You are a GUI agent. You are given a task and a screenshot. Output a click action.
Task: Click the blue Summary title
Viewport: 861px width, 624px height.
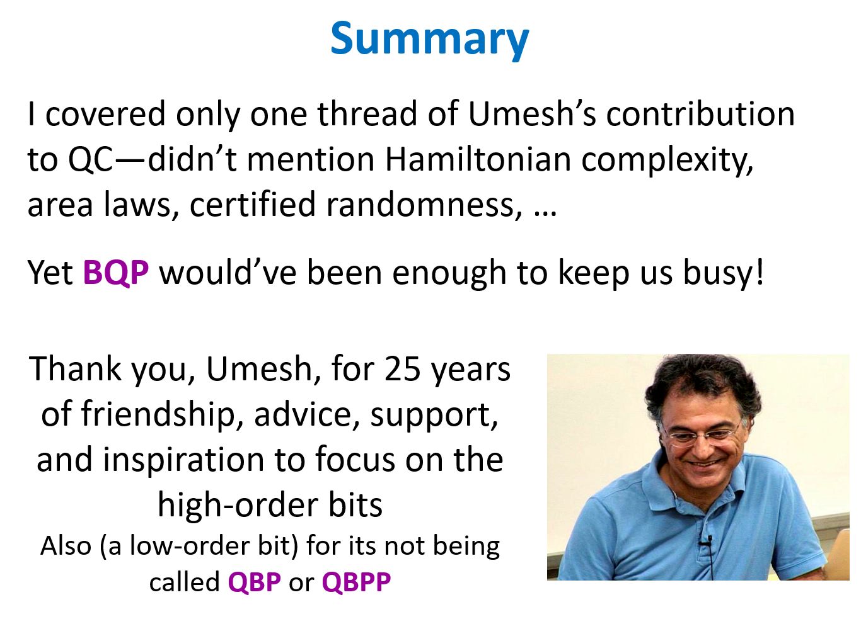pyautogui.click(x=429, y=40)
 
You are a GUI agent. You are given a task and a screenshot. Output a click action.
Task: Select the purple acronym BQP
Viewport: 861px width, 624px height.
pyautogui.click(x=116, y=272)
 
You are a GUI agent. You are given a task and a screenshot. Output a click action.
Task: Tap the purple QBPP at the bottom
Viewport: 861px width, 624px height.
pyautogui.click(x=356, y=582)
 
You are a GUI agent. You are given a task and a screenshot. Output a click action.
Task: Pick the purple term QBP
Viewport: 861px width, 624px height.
pyautogui.click(x=254, y=582)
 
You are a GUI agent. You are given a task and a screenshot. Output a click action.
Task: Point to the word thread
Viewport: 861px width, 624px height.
pyautogui.click(x=367, y=114)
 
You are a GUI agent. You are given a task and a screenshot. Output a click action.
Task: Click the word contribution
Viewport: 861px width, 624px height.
pyautogui.click(x=700, y=114)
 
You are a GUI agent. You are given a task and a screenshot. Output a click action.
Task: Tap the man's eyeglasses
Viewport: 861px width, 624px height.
pyautogui.click(x=703, y=436)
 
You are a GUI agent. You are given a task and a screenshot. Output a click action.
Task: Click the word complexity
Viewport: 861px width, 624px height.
pyautogui.click(x=666, y=160)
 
